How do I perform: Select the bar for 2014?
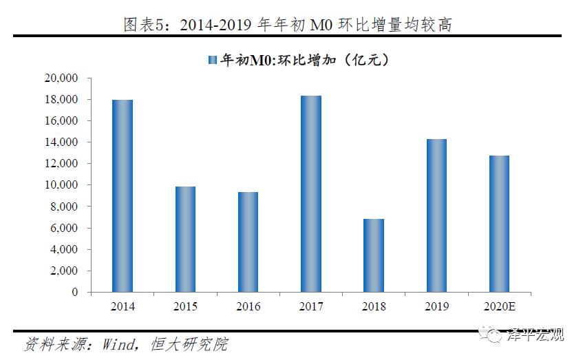tap(123, 196)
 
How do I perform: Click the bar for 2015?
tap(185, 240)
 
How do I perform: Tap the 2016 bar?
tap(248, 242)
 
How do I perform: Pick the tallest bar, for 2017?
tap(311, 194)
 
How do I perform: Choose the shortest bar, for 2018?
tap(374, 255)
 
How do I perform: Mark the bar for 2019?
tap(436, 215)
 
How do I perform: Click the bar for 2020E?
tap(499, 224)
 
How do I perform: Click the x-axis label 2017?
tap(311, 306)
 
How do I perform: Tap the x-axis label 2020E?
tap(499, 306)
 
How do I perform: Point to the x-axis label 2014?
tap(123, 306)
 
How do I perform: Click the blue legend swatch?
tap(213, 60)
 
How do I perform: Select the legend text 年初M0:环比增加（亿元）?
tap(305, 60)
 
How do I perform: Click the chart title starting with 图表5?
tap(291, 25)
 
